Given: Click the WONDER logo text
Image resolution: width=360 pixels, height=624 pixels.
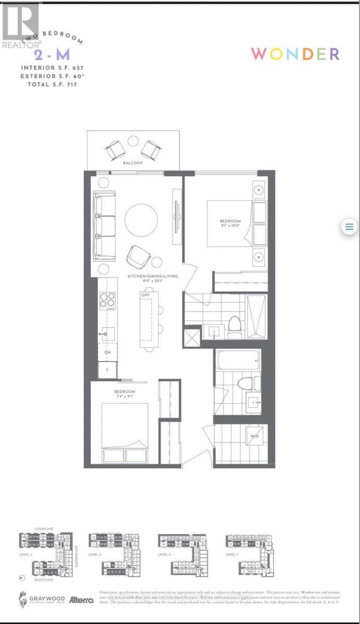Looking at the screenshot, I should click(x=295, y=54).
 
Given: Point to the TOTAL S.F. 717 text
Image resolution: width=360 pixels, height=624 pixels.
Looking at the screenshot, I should click(x=49, y=84).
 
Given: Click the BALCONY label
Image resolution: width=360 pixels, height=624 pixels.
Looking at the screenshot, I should click(x=133, y=163).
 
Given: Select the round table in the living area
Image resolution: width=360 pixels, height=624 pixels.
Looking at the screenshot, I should click(x=141, y=219).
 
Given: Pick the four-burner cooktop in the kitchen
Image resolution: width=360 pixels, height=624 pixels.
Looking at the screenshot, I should click(x=108, y=301).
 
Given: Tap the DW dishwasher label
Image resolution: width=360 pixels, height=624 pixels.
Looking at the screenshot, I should click(x=108, y=352).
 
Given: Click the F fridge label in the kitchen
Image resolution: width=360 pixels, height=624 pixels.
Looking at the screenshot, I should click(x=108, y=370).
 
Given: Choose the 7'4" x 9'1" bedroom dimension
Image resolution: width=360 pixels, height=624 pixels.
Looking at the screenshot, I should click(x=125, y=397).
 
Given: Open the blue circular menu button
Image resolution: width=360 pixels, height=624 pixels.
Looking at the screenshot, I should click(x=349, y=227).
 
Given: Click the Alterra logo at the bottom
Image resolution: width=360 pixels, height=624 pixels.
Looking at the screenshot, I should click(x=81, y=599).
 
